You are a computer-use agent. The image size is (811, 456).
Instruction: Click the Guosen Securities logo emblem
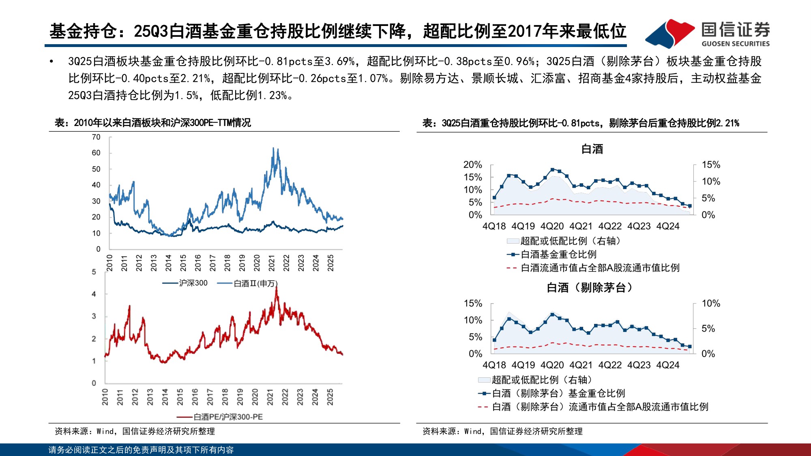pyautogui.click(x=670, y=33)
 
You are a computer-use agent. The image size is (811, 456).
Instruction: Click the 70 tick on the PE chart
pyautogui.click(x=96, y=137)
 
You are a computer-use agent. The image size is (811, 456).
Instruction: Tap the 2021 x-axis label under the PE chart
pyautogui.click(x=272, y=263)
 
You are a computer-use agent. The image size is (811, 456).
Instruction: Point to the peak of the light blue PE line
pyautogui.click(x=274, y=148)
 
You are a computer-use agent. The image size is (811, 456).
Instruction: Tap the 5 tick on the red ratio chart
pyautogui.click(x=94, y=272)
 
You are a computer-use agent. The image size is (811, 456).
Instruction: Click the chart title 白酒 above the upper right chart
pyautogui.click(x=592, y=149)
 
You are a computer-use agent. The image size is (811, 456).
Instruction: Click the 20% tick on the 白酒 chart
pyautogui.click(x=472, y=165)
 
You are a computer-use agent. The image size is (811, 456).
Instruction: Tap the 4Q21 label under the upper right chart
pyautogui.click(x=581, y=226)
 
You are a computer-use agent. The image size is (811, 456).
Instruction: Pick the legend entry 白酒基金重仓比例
pyautogui.click(x=558, y=255)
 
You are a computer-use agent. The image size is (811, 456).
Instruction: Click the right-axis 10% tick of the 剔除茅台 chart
pyautogui.click(x=710, y=303)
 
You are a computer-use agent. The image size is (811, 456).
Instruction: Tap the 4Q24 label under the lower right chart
pyautogui.click(x=667, y=365)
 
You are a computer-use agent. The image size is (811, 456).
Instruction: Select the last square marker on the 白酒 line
pyautogui.click(x=690, y=206)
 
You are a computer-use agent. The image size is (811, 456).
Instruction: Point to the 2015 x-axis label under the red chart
pyautogui.click(x=180, y=397)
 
